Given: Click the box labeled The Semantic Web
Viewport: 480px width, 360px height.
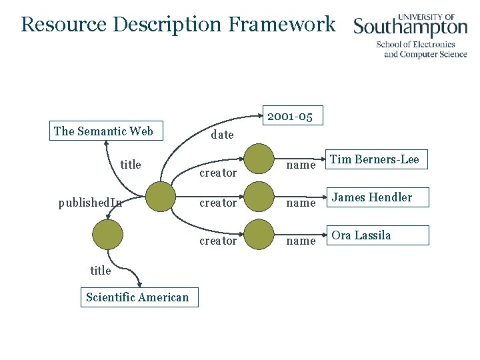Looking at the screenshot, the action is [x=103, y=131].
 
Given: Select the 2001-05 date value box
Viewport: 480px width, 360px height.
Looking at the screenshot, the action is [x=290, y=116].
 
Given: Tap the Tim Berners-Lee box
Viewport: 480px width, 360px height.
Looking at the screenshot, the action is [x=375, y=159].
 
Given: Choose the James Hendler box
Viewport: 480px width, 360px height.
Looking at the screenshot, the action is [x=378, y=197].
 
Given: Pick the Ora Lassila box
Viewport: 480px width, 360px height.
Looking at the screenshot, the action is [x=378, y=235].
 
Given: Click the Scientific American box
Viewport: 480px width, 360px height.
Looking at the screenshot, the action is [x=137, y=297].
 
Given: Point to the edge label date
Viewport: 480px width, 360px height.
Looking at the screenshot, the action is [x=222, y=135].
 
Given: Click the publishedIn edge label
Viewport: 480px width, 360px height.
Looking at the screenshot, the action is [x=90, y=203].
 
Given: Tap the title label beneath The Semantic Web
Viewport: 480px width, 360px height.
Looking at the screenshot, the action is [x=131, y=165].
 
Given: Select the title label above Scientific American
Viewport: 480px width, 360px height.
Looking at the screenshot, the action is [x=101, y=270].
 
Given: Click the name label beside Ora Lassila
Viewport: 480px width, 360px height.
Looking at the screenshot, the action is [x=300, y=241].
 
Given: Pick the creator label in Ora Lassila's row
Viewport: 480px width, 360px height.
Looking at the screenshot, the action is [x=218, y=241].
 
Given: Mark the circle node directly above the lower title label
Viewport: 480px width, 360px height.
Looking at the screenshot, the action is [x=108, y=235].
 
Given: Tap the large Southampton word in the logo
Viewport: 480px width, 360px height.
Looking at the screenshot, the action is [x=410, y=27].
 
